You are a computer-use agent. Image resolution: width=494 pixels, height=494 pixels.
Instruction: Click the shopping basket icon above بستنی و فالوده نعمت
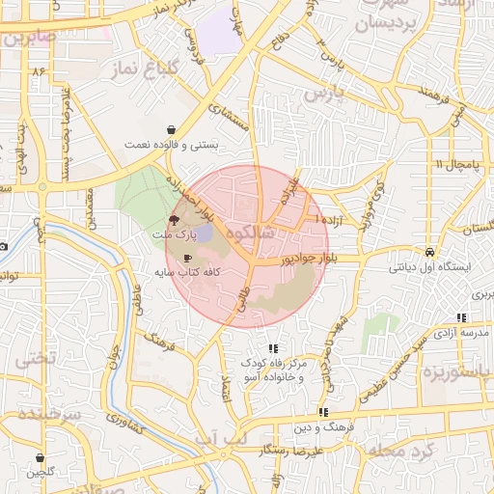click(171, 129)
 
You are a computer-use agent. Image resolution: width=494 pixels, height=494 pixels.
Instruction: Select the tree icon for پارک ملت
click(174, 220)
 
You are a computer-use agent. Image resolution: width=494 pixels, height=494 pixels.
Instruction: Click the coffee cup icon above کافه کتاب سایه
click(187, 258)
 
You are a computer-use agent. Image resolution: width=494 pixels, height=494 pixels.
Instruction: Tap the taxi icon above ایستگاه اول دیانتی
click(428, 252)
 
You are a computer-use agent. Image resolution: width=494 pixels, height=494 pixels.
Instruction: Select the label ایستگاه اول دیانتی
click(428, 267)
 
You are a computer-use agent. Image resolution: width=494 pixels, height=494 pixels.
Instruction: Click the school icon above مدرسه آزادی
click(461, 317)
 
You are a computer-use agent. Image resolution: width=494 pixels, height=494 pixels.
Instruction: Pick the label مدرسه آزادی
click(461, 332)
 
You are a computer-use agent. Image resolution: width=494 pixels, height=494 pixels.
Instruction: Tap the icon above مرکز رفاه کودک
click(274, 348)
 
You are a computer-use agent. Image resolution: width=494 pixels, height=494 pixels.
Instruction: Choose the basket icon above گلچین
click(41, 457)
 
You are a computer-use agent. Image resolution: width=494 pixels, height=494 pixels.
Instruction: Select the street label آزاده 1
click(329, 221)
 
